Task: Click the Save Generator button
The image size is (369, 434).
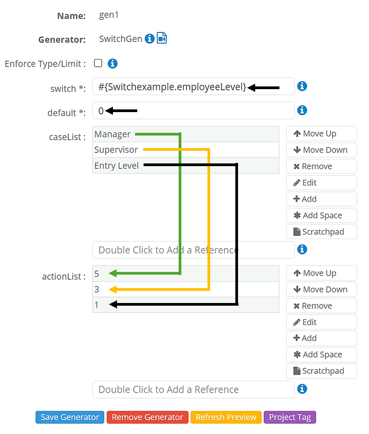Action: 70,417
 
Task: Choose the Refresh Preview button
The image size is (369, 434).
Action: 226,417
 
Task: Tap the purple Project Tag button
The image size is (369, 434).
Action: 290,417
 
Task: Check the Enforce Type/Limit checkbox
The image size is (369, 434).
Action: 98,63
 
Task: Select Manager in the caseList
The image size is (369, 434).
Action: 112,134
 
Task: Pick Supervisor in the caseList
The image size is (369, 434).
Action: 116,150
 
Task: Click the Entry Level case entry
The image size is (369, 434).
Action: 117,166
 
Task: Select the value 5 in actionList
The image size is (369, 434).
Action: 97,273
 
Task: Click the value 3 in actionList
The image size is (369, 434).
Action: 97,289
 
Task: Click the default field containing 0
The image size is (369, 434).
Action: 193,110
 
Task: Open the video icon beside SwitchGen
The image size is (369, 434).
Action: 162,39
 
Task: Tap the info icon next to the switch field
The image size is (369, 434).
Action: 302,86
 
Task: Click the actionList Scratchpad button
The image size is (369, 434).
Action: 321,371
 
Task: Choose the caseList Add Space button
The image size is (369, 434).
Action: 321,215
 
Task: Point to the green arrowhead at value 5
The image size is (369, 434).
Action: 113,273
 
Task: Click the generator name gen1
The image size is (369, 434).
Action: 109,15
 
